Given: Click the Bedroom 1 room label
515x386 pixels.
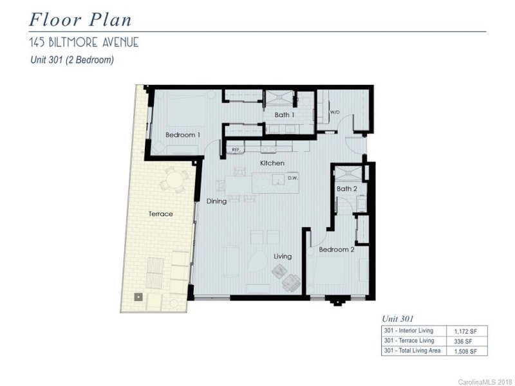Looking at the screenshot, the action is point(183,135).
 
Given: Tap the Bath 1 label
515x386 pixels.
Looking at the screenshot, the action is point(284,115).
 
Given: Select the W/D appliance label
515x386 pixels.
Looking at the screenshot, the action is point(335,112).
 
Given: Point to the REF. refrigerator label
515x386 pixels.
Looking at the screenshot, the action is point(236,150).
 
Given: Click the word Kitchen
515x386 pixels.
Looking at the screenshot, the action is point(272,163).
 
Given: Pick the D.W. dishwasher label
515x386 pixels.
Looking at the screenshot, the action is point(293,178).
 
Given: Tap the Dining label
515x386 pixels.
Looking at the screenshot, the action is point(216,201).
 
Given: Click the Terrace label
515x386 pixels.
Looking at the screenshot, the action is point(160,214).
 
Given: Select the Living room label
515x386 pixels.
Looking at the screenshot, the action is point(283,256).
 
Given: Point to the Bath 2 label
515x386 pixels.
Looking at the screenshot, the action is point(347,188).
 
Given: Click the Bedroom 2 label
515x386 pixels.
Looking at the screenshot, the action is point(337,250).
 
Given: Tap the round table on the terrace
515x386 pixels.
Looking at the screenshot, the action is point(174,180).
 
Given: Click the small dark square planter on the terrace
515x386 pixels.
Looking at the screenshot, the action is point(138,297).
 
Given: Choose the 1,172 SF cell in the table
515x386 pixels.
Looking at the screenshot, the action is point(465,331).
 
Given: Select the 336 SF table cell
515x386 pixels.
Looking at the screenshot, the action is point(463,342).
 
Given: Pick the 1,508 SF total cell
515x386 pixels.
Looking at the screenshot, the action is point(465,351).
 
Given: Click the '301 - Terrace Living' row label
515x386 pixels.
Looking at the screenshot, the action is point(409,341).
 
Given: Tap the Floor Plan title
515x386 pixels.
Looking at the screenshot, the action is point(80,20).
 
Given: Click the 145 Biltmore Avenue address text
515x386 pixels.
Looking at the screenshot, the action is point(84,42).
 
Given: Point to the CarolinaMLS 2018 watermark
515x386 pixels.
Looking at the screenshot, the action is point(485,382).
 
